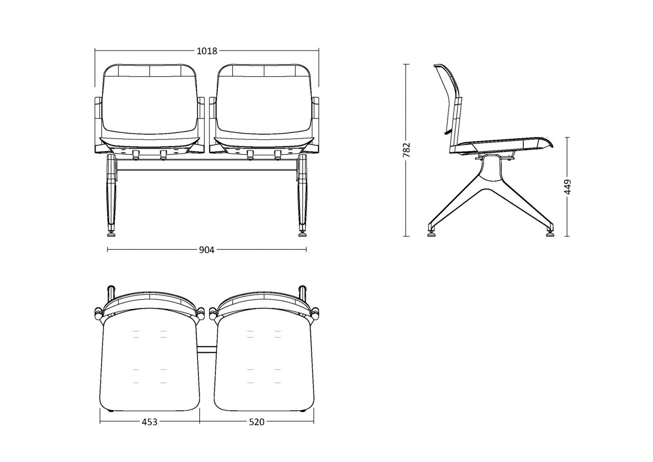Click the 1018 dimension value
point(207,51)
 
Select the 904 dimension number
point(207,250)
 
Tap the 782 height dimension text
point(407,150)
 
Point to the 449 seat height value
point(567,187)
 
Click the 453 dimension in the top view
point(150,422)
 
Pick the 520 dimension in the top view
point(257,422)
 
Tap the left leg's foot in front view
point(111,234)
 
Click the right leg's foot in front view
point(302,234)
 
